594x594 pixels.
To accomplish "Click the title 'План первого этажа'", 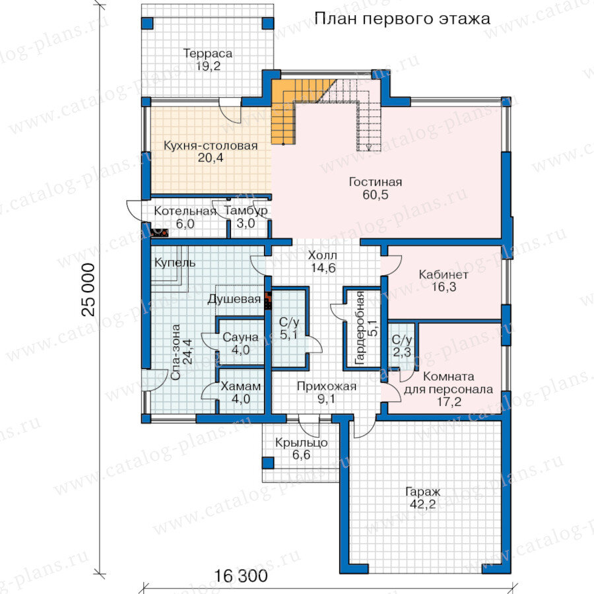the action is tap(403, 18).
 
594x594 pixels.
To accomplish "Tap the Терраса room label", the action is tap(208, 53).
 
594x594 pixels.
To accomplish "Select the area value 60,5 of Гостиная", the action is tap(376, 195).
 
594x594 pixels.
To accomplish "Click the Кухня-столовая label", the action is tap(211, 145).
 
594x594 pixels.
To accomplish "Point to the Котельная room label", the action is tap(185, 211).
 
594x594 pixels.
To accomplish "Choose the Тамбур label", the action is tap(246, 211).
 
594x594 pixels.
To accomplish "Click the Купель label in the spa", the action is tap(175, 263).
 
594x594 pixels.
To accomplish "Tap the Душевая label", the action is tap(234, 299).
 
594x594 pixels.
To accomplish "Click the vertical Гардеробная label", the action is tap(360, 328).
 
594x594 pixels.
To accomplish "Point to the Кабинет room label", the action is tap(444, 275).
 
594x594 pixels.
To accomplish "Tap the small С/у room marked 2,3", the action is tap(403, 345).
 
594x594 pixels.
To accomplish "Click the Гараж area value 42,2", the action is tap(423, 504).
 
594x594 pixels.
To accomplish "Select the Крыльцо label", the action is tap(302, 442).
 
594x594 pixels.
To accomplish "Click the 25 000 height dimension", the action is tap(88, 290).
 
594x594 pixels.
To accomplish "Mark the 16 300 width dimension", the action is tap(241, 576).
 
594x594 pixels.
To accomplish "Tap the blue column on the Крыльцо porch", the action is tap(268, 463).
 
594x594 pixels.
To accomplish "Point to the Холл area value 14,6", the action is tap(323, 268).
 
